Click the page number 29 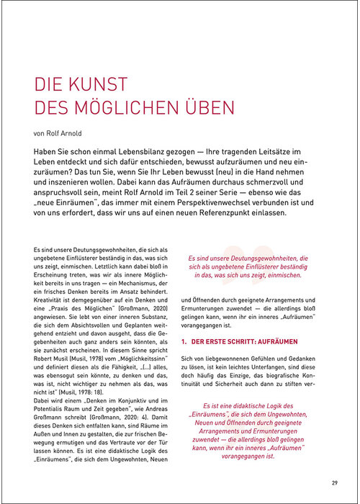coord(334,482)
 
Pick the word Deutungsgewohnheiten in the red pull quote coord(259,257)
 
